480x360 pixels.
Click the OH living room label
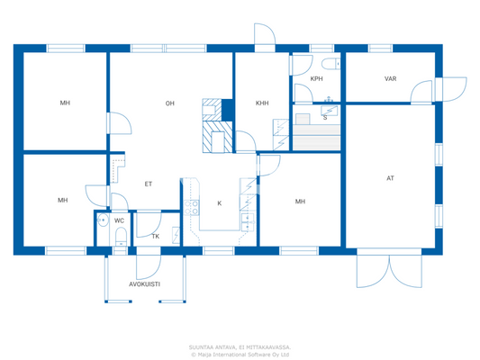169,103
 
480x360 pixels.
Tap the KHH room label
262,103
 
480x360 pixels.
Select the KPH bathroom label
316,79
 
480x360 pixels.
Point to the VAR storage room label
390,79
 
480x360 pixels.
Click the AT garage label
390,178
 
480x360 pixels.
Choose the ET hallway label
149,184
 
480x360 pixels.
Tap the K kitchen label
219,203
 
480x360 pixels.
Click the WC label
119,220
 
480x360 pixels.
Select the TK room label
155,237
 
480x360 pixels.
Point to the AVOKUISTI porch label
144,283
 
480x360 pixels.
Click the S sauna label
324,117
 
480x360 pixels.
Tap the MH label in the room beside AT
300,202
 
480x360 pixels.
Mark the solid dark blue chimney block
228,109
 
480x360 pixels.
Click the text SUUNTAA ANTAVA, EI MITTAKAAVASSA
240,346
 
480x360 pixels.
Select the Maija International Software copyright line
240,354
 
